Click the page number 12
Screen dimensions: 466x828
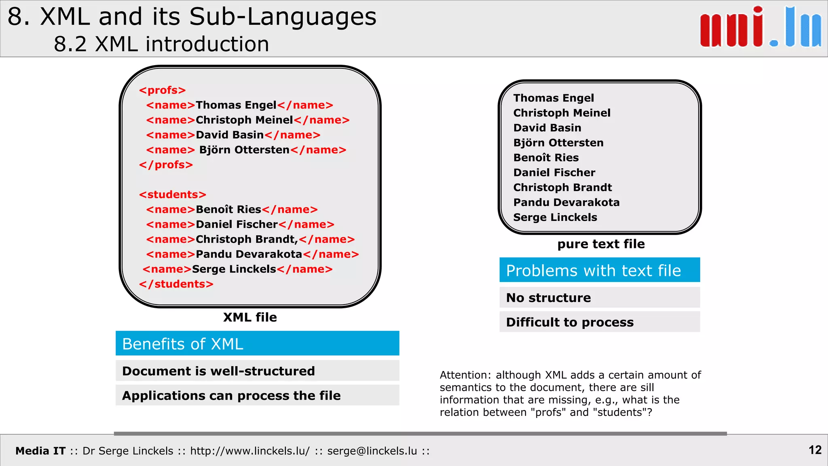(815, 450)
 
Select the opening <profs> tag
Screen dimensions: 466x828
(162, 90)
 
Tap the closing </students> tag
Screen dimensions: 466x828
(176, 284)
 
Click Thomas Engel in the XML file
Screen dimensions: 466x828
(236, 105)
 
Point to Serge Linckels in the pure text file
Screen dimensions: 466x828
(555, 217)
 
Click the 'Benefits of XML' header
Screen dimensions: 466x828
(257, 344)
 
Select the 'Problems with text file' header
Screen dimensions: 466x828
(599, 270)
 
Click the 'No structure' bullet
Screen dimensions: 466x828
(548, 298)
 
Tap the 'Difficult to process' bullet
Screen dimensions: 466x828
(570, 322)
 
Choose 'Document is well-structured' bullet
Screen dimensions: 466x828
(218, 371)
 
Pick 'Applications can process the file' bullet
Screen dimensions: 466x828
(231, 395)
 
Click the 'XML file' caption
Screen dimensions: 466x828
(250, 317)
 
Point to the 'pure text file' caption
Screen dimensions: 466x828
(601, 244)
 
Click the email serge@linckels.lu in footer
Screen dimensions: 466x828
(372, 451)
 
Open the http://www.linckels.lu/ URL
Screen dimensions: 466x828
(250, 451)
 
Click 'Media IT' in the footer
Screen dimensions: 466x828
(40, 451)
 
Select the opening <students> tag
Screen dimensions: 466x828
(172, 195)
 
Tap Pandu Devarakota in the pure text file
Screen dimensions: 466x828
(566, 202)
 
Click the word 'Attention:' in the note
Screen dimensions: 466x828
(465, 375)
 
